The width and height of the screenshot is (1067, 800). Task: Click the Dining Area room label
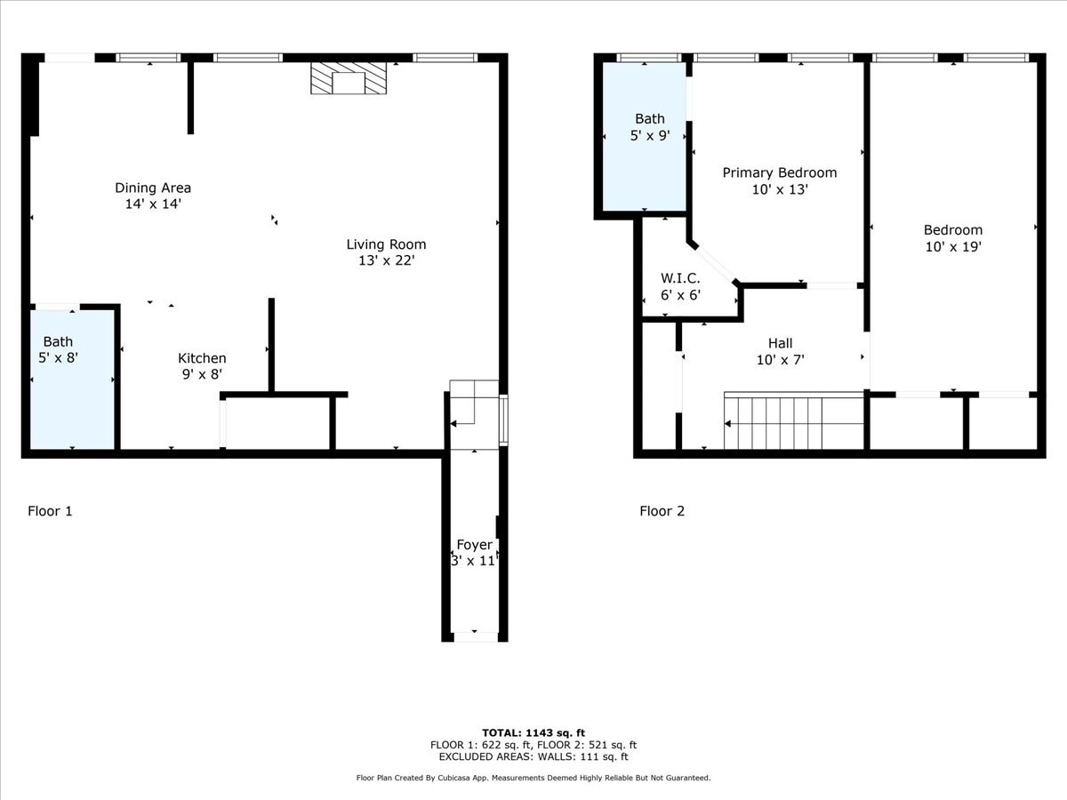153,188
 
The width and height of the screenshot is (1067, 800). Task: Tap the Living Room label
386,244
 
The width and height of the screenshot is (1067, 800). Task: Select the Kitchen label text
202,358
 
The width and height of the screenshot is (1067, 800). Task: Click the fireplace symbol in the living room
349,78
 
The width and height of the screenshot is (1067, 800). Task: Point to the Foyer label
474,545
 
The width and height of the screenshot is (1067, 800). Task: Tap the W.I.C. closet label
680,277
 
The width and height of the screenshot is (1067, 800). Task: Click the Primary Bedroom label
779,172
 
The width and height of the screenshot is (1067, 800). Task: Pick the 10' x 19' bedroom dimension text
952,247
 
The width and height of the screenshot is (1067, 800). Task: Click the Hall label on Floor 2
780,343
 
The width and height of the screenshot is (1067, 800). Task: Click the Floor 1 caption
50,511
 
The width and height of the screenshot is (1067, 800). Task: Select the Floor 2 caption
662,511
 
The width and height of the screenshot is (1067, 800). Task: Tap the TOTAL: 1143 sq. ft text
533,732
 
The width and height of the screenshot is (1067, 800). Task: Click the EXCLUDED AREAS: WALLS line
533,757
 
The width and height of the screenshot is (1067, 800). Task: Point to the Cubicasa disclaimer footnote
533,778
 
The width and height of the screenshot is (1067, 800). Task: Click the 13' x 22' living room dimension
386,261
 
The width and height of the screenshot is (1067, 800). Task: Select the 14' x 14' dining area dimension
153,204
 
